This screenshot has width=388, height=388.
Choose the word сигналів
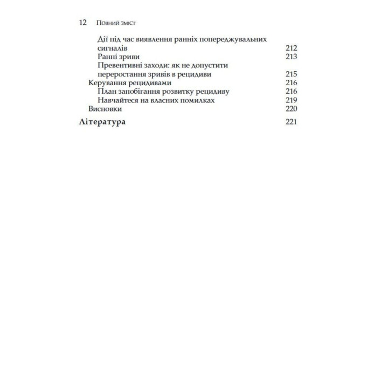[112, 48]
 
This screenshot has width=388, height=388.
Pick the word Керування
[107, 83]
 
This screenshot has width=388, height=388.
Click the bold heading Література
[102, 122]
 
